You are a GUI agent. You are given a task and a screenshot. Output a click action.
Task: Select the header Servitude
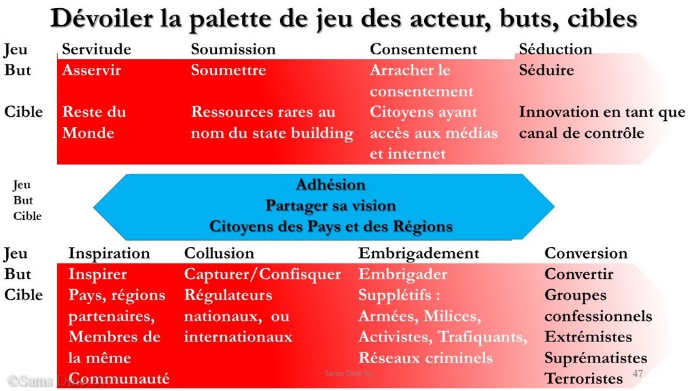coord(97,49)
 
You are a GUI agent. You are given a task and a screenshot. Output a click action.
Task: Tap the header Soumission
coord(233,49)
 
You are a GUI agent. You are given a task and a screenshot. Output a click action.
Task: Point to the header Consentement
coord(423,49)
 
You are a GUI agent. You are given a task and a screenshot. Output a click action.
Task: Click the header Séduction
coord(555,49)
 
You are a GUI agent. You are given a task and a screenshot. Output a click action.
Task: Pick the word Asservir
coord(92,70)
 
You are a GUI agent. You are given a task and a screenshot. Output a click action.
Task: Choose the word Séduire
coord(546,70)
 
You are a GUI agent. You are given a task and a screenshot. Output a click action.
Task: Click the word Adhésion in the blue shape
coord(331,185)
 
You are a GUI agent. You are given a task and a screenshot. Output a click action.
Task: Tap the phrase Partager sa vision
coord(331,205)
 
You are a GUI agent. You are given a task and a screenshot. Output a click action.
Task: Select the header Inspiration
coord(109,254)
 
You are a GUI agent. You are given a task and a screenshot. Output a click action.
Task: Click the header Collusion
coord(219,253)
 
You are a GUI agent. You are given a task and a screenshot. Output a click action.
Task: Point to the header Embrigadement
coord(419,254)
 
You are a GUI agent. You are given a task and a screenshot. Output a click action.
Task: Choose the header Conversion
coord(586,253)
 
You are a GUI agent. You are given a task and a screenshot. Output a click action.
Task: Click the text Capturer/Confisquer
coord(262,274)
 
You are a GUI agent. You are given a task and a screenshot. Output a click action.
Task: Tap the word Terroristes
coord(584,379)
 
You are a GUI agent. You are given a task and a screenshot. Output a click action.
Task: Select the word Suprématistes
coord(595,358)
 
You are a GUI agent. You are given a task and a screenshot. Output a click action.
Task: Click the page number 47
coord(638,373)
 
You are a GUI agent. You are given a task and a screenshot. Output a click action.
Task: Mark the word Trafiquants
coord(483,337)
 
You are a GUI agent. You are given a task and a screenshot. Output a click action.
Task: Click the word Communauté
coord(119,379)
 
